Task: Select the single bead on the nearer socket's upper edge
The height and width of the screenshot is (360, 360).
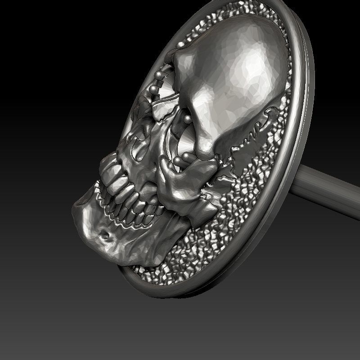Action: coord(186,119)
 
